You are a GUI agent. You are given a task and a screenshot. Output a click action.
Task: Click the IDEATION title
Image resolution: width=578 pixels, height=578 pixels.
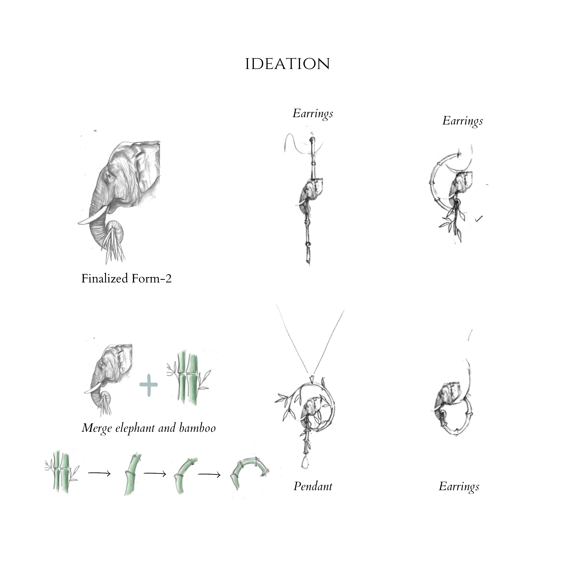pyautogui.click(x=287, y=64)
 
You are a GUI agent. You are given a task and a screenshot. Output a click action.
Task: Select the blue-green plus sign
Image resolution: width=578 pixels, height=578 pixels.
pyautogui.click(x=149, y=385)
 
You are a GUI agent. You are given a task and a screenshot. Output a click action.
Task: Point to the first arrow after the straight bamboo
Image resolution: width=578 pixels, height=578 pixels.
pyautogui.click(x=99, y=473)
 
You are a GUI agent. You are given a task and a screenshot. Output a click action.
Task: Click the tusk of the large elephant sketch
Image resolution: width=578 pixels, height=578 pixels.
pyautogui.click(x=92, y=216)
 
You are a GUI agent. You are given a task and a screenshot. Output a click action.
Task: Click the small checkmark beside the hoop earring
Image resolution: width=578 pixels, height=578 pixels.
pyautogui.click(x=479, y=219)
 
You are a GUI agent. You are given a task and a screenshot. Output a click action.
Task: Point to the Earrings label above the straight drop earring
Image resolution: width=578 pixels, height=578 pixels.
pyautogui.click(x=313, y=114)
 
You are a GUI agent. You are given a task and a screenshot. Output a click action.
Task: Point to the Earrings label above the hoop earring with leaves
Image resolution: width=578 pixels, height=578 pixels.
pyautogui.click(x=463, y=121)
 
